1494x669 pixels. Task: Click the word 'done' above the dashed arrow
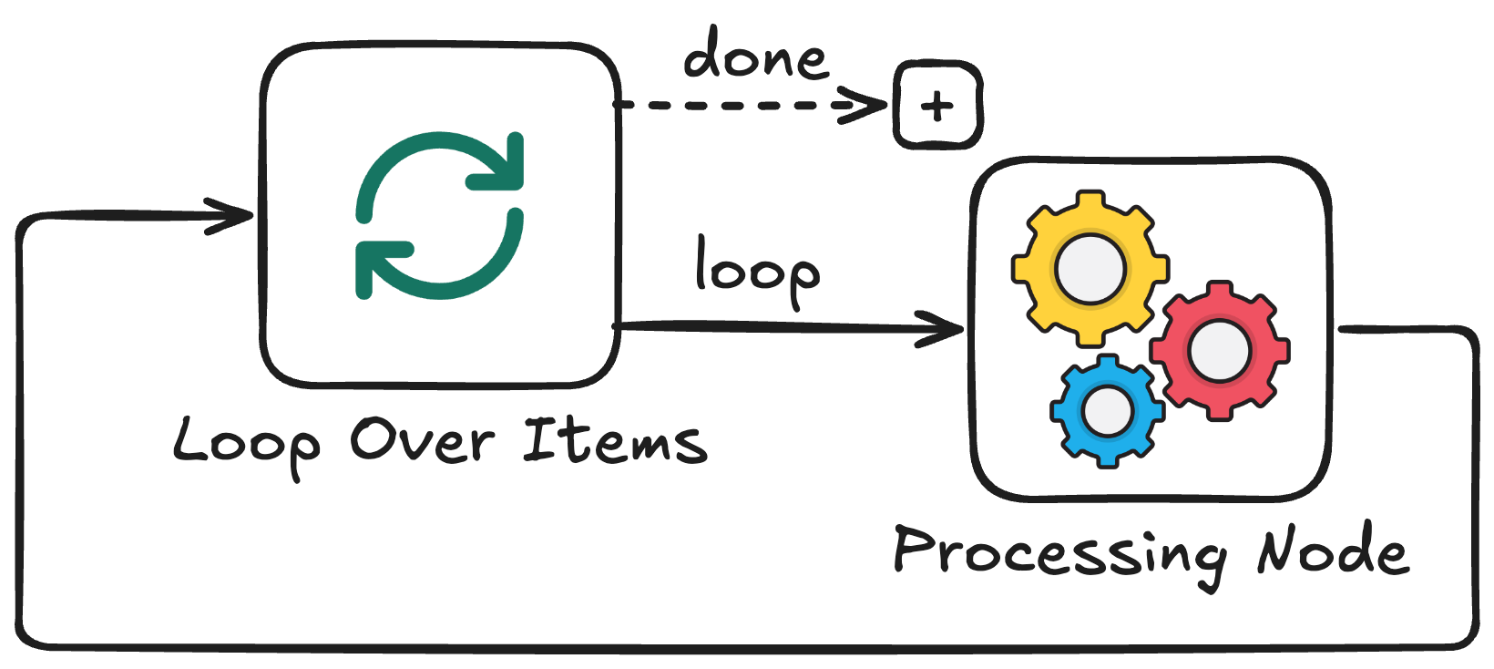756,57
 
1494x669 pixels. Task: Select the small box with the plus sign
937,106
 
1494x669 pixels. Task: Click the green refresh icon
440,215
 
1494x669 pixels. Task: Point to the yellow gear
1090,269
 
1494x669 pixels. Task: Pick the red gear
1219,351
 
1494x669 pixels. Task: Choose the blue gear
1107,411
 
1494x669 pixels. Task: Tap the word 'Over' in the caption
422,440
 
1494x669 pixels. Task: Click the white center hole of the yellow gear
1090,269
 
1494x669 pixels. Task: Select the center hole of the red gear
1219,352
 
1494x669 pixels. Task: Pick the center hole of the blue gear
1107,411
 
